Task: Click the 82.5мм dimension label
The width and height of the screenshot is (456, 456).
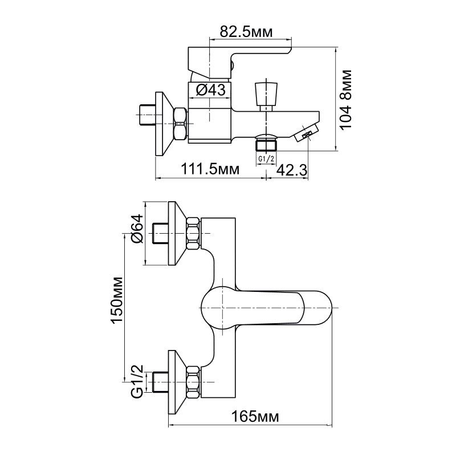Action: [246, 32]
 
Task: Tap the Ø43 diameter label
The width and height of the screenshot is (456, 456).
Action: [210, 90]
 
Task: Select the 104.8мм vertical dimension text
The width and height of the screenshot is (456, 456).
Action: [346, 99]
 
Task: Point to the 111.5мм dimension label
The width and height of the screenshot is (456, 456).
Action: [210, 169]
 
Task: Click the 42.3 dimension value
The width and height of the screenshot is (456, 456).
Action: [291, 170]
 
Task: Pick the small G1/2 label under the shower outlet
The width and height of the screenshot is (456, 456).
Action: [266, 159]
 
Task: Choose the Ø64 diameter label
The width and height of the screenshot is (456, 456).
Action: [137, 229]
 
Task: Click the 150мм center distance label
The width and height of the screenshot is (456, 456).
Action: [117, 300]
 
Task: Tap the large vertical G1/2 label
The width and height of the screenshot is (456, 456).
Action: [137, 381]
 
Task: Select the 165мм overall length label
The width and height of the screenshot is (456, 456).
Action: [255, 417]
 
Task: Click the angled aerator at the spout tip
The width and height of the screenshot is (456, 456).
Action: [307, 132]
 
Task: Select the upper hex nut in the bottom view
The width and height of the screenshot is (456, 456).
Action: [193, 234]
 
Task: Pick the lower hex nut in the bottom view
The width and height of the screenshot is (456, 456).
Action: [193, 382]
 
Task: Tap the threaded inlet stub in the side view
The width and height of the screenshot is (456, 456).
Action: [148, 115]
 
